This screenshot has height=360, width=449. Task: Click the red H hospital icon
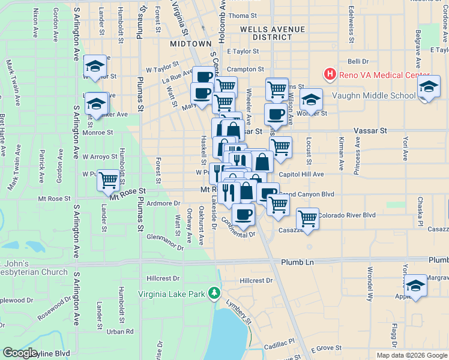[330, 74]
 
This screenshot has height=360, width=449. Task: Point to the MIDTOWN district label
[191, 44]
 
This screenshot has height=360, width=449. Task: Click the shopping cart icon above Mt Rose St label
[108, 179]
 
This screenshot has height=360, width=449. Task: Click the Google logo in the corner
[20, 353]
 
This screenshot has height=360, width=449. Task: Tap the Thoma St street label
[243, 16]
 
